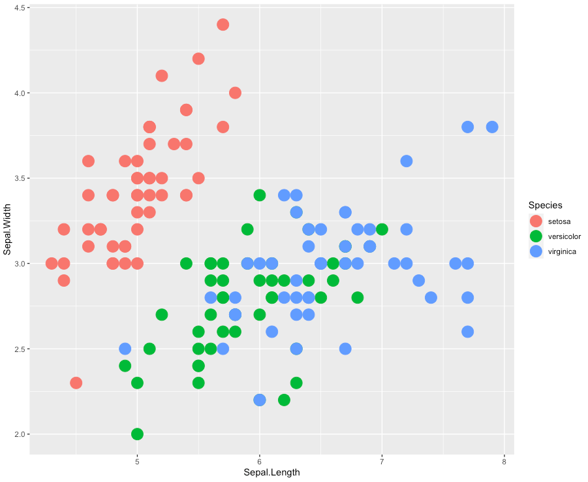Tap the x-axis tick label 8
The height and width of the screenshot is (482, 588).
pos(504,462)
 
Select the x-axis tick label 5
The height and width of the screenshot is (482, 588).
pos(137,462)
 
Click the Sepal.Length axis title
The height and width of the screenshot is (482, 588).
pos(271,472)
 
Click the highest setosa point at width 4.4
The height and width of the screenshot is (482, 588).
pos(223,25)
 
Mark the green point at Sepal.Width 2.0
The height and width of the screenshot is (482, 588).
pos(137,434)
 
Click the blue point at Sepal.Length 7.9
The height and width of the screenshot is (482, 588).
pos(492,127)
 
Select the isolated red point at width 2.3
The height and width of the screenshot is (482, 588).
pos(76,383)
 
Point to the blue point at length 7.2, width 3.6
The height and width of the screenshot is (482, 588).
pos(407,161)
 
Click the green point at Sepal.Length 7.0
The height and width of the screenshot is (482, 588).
pos(382,229)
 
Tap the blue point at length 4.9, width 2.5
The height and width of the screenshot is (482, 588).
pos(125,349)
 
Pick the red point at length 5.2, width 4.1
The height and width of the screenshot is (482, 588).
pos(162,76)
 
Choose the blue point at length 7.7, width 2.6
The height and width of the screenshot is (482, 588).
pos(467,332)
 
